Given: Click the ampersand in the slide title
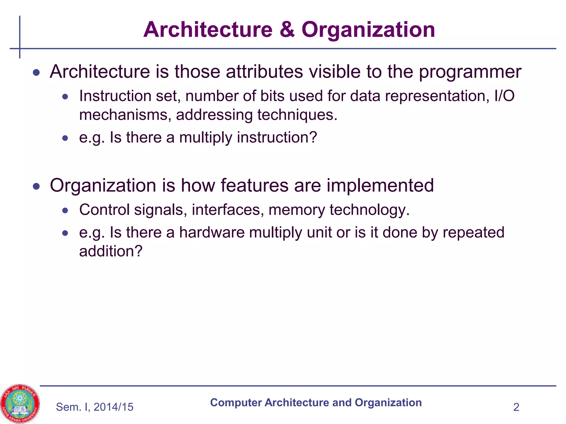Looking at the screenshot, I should tap(287, 30).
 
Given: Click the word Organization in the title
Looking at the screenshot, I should tap(368, 30).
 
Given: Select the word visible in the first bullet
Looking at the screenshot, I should tap(335, 72).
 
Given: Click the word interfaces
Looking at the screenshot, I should tap(226, 210).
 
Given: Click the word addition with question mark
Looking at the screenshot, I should tap(111, 251).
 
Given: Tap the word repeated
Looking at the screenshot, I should tap(473, 232).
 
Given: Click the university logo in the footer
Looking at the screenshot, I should tap(20, 404).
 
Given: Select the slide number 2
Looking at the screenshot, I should tap(516, 407).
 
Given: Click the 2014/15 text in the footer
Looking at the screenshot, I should tap(113, 407).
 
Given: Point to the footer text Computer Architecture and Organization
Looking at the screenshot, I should tap(316, 403).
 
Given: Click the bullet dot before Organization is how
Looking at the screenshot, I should tap(36, 186).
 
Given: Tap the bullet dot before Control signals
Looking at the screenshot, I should tap(65, 211).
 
